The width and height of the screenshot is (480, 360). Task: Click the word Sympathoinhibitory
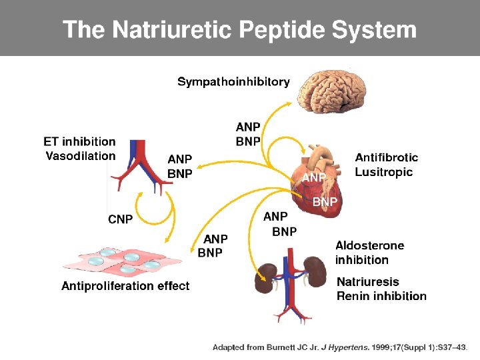233,82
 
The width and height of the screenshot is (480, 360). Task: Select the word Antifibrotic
386,157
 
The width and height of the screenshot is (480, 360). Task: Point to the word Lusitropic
384,172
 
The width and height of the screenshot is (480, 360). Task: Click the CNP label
120,219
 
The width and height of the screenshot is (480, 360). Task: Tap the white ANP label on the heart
314,177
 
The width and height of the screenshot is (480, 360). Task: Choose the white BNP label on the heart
325,202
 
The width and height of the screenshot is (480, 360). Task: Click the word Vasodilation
81,156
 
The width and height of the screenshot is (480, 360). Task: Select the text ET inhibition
79,142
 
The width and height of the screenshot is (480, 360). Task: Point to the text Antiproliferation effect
125,286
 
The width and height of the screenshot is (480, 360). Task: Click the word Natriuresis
368,281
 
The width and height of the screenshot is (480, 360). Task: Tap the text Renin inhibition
381,296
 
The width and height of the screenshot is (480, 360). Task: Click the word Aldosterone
370,245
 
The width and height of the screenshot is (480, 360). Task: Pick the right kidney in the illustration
315,271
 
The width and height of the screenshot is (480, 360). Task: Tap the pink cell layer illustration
123,260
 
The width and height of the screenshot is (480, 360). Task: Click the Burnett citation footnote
340,347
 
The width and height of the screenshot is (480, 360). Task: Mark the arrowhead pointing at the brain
289,104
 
